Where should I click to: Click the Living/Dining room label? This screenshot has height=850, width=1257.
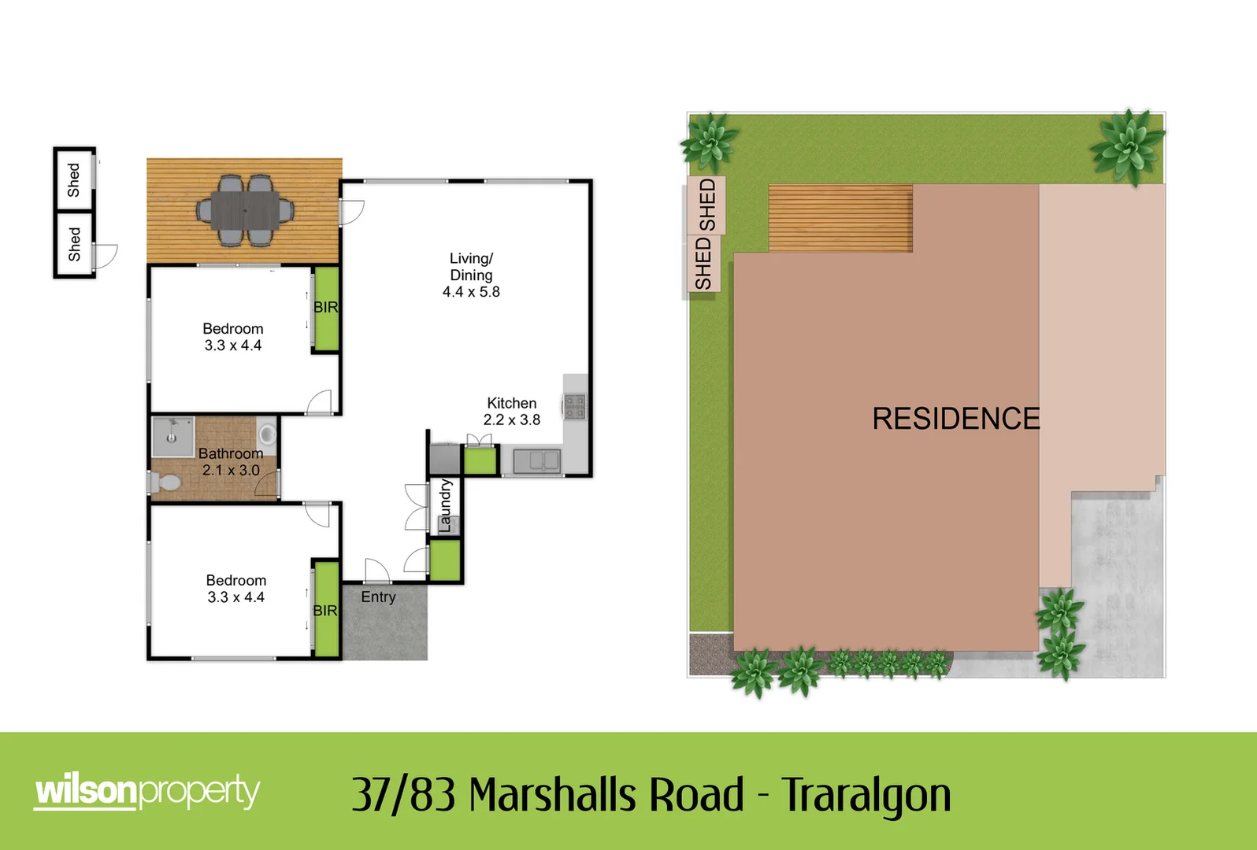471,275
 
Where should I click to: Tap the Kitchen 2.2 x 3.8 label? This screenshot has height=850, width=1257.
512,412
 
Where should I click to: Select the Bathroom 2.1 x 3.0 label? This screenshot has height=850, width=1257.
230,462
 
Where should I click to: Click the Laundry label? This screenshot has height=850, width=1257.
445,506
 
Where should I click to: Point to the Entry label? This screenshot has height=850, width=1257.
378,597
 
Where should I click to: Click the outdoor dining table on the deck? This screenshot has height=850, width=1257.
244,210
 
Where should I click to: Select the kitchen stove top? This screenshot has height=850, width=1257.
574,406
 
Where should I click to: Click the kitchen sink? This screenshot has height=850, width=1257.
536,461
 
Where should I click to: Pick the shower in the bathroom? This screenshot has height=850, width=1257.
172,436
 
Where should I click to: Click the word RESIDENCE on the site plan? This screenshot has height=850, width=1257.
955,419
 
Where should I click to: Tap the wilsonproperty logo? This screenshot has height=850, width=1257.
147,791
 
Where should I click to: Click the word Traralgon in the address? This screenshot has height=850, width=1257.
866,795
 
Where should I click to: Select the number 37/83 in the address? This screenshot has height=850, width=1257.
403,795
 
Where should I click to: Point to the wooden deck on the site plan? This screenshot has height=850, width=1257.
840,218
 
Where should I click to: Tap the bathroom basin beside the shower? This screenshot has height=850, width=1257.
267,434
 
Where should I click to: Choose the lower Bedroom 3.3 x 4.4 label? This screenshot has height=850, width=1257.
235,589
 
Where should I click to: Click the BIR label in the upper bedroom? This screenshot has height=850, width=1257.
325,308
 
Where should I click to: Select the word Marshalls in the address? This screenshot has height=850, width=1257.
606,795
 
